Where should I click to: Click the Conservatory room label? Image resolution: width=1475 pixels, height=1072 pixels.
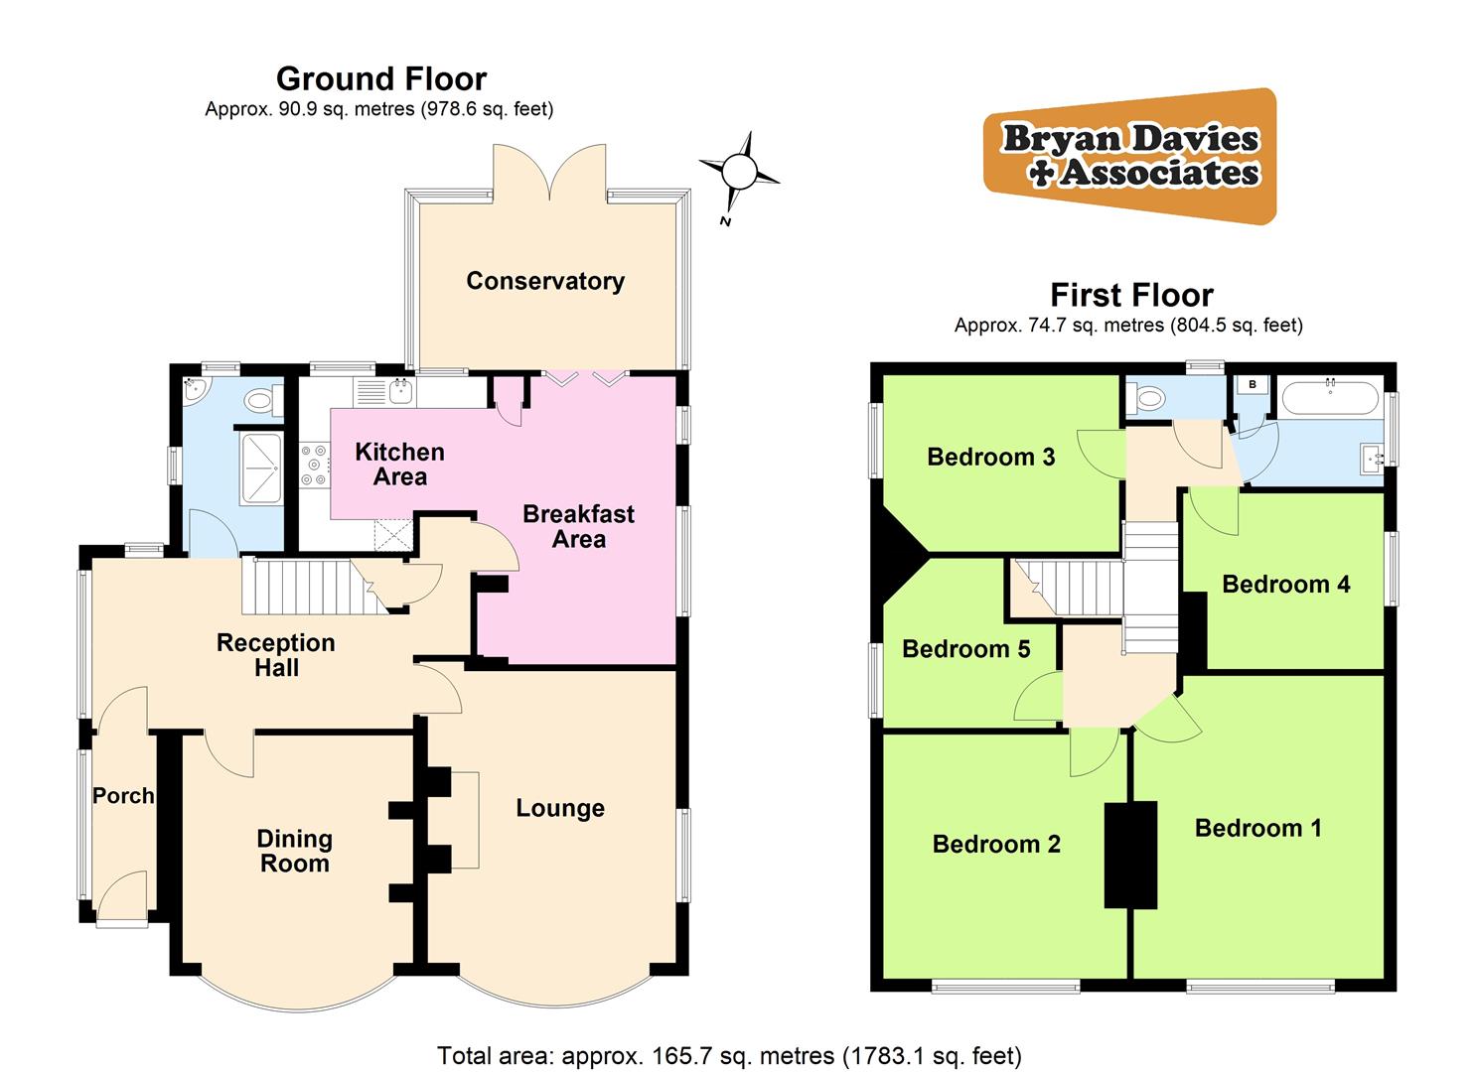[545, 281]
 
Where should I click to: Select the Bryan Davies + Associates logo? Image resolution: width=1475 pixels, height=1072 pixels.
[1129, 156]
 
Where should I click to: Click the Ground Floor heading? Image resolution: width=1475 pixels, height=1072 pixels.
[381, 78]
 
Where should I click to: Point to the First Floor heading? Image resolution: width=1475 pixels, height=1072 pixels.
[1131, 295]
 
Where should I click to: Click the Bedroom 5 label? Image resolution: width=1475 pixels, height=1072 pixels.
[965, 649]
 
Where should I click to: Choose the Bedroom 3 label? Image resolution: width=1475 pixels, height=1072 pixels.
[990, 457]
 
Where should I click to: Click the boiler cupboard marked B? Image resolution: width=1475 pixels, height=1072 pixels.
[1253, 384]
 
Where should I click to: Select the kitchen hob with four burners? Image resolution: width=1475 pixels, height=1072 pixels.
[315, 466]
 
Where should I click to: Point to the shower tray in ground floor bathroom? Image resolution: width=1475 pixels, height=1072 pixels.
[260, 467]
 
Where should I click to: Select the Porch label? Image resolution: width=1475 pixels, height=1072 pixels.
[123, 796]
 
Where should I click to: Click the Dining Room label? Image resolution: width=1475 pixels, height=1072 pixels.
[294, 852]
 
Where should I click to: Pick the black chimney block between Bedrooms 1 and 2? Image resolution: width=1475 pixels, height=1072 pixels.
[1130, 855]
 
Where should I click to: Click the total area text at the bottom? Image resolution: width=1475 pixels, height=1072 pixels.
[729, 1055]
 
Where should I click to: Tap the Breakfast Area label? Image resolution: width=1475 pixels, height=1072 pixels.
[578, 527]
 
